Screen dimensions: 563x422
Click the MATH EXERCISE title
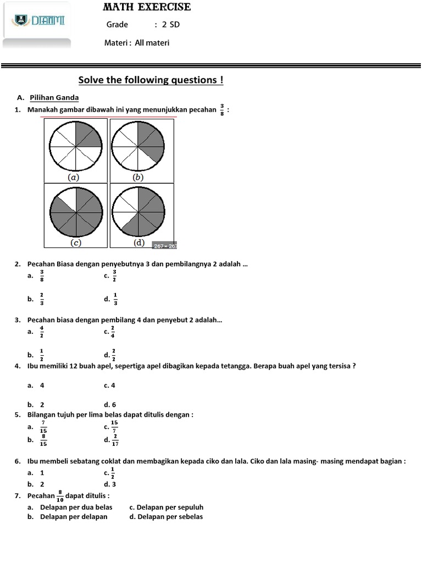click(147, 7)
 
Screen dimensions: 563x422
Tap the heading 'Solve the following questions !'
click(151, 80)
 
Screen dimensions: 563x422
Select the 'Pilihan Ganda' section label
click(54, 98)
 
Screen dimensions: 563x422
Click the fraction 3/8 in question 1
click(222, 110)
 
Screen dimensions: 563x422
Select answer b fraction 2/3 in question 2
click(42, 299)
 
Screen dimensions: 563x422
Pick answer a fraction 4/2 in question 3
click(42, 332)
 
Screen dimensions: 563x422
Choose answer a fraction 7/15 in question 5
click(43, 427)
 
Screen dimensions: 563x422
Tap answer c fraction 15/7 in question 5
click(114, 427)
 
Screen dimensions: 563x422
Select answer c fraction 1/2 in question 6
click(113, 473)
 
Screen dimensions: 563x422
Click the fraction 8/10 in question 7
click(60, 496)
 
